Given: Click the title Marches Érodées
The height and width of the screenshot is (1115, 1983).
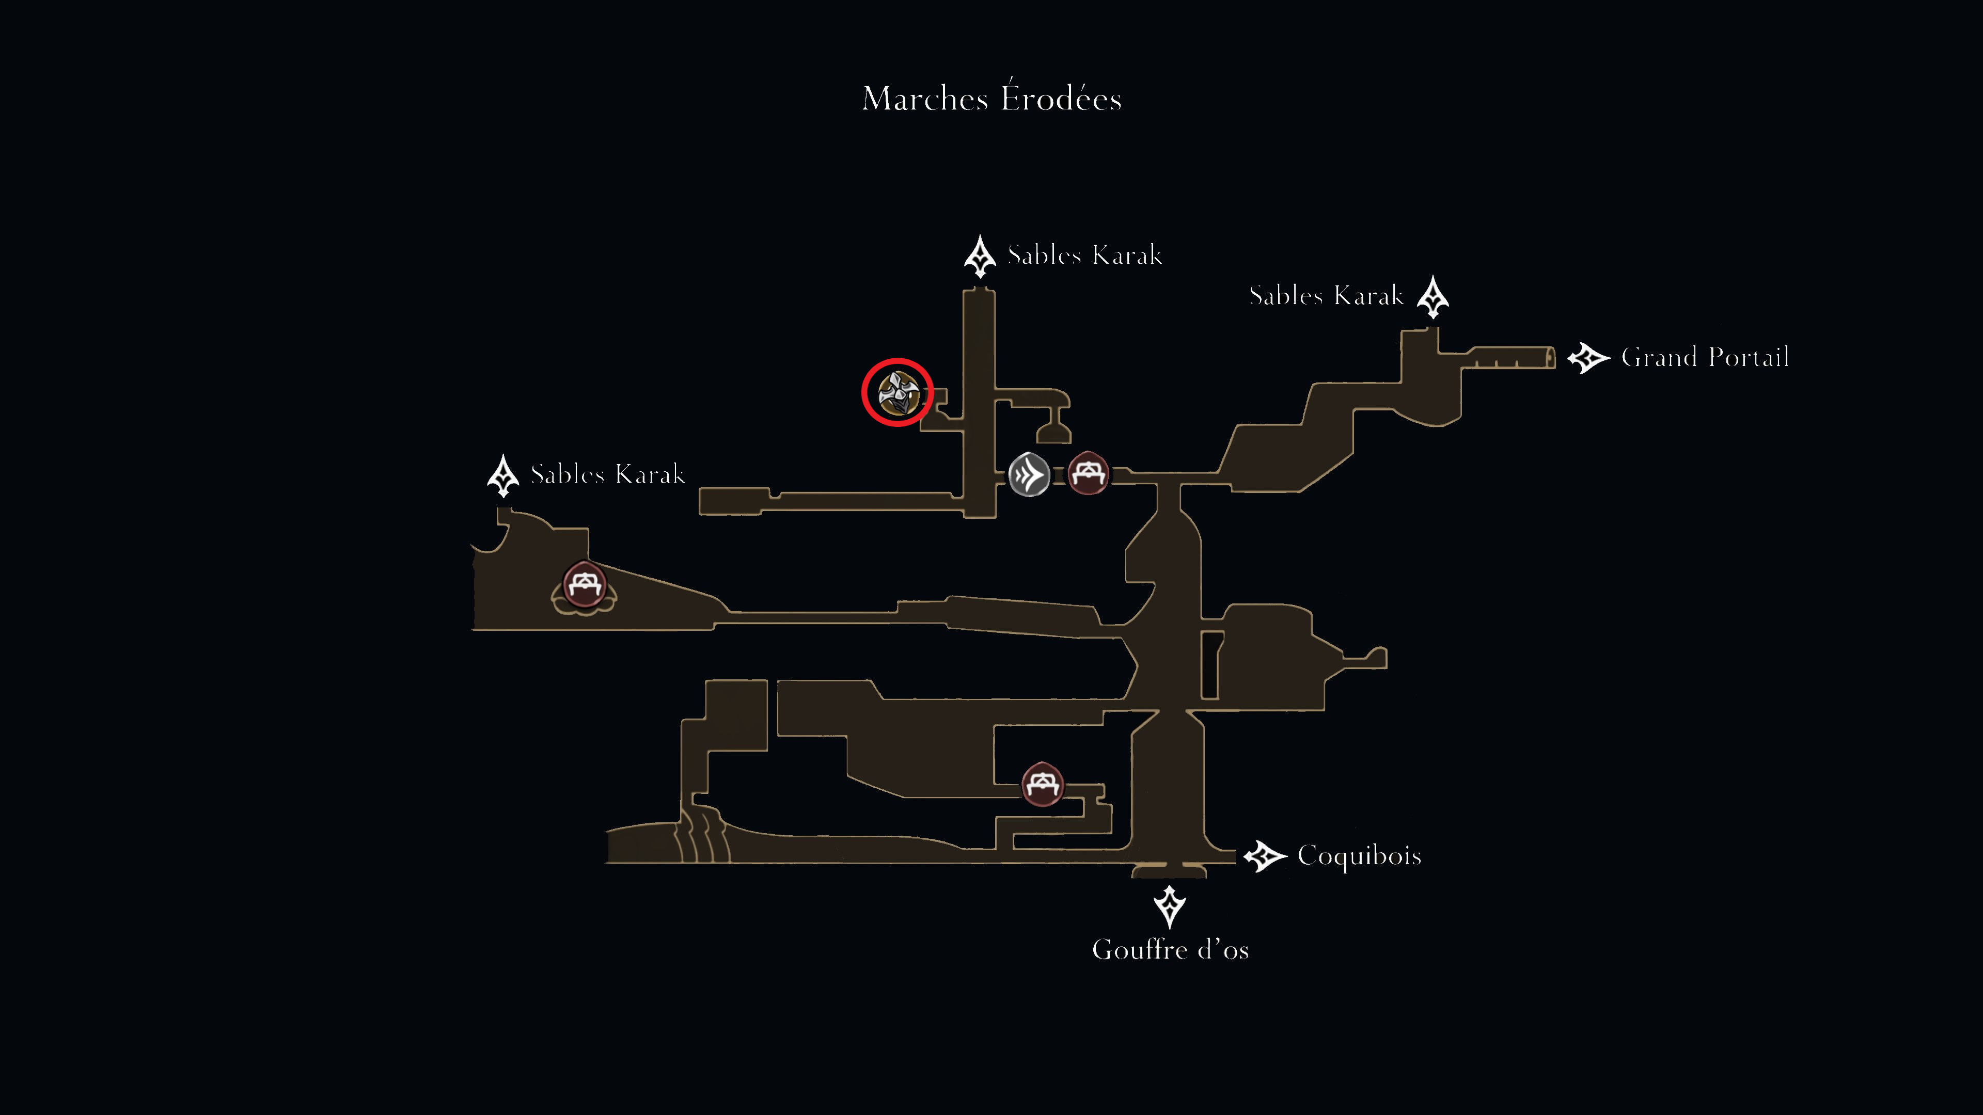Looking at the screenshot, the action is tap(991, 97).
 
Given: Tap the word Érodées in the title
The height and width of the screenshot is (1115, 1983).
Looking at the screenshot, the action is tap(1061, 97).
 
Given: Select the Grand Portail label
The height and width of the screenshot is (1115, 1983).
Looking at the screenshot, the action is tap(1705, 357).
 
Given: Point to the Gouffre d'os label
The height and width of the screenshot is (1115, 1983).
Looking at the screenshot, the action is tap(1170, 950).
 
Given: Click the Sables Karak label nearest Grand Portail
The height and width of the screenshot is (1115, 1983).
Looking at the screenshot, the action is tap(1326, 295).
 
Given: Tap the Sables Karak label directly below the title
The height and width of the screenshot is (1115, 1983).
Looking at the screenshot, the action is tap(1084, 254).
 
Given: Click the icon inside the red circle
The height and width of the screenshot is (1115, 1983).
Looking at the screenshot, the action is tap(898, 392).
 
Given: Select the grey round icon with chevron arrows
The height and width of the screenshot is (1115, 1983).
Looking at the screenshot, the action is tap(1029, 475).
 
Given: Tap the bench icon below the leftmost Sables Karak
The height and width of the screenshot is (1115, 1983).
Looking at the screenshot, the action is tap(584, 586).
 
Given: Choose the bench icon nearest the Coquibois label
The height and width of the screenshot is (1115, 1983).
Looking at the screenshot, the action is tap(1042, 784).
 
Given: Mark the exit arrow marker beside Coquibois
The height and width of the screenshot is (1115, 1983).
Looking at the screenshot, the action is tap(1265, 856).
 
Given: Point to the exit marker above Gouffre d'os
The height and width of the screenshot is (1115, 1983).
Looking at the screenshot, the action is tap(1169, 906).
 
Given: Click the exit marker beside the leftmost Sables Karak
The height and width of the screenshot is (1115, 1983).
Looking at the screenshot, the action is tap(503, 475).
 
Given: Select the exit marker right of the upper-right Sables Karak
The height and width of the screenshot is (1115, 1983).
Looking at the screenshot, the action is tap(1433, 297).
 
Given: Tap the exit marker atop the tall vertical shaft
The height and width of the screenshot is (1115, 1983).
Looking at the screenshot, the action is tap(980, 256).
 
